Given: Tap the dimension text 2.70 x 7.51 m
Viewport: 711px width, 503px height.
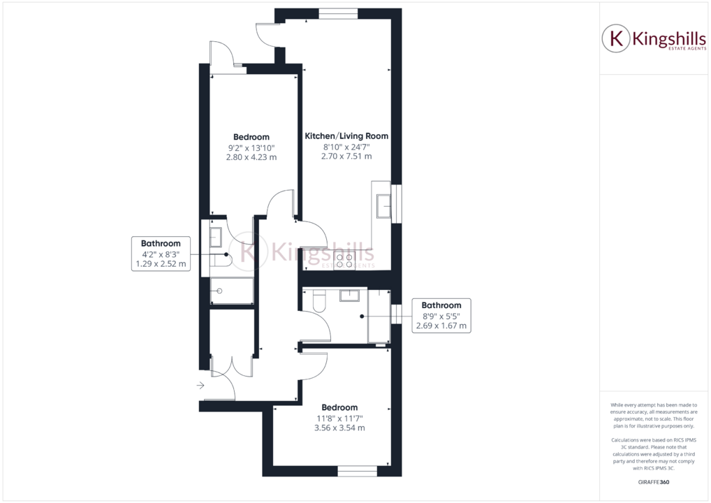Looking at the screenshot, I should (346, 156).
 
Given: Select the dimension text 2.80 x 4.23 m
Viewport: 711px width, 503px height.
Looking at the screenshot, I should (251, 157).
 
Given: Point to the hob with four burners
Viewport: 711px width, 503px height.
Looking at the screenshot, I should (344, 261).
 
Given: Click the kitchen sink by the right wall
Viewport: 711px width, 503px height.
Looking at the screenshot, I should (384, 207).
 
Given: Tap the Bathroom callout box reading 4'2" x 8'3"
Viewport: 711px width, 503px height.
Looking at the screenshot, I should (161, 254).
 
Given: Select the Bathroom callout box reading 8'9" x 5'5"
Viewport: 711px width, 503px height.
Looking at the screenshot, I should (441, 315).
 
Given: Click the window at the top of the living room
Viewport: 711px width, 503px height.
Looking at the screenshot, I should (339, 12).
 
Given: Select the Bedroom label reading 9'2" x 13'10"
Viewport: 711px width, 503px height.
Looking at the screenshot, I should (251, 137).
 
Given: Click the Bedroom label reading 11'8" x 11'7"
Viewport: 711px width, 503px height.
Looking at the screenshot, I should (339, 407).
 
